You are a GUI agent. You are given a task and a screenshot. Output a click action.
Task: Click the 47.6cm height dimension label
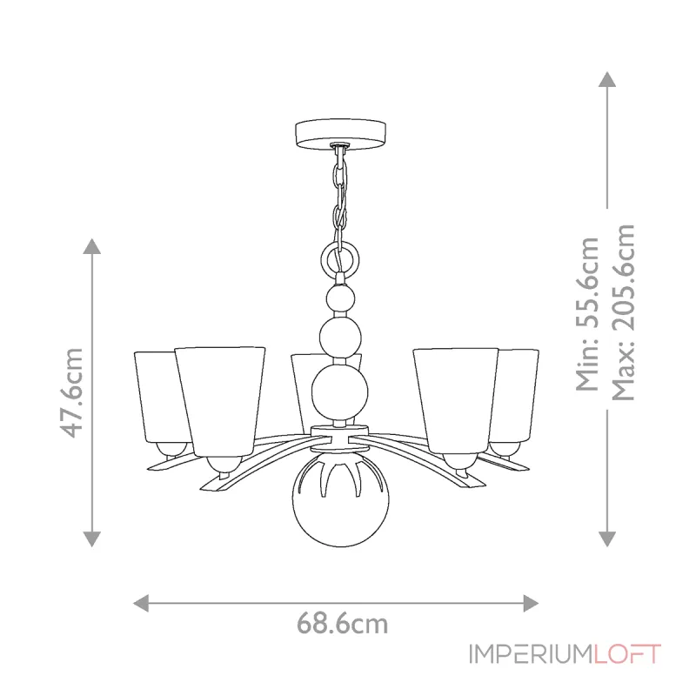[x=71, y=393]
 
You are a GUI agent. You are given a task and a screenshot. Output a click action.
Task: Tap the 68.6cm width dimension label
[x=342, y=624]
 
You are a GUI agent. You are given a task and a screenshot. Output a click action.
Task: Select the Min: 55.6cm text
[x=587, y=314]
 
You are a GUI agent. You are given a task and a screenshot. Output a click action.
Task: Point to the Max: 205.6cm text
[x=623, y=312]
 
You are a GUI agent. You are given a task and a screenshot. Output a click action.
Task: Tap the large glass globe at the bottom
[x=340, y=503]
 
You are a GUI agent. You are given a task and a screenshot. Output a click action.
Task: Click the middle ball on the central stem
[x=340, y=336]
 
